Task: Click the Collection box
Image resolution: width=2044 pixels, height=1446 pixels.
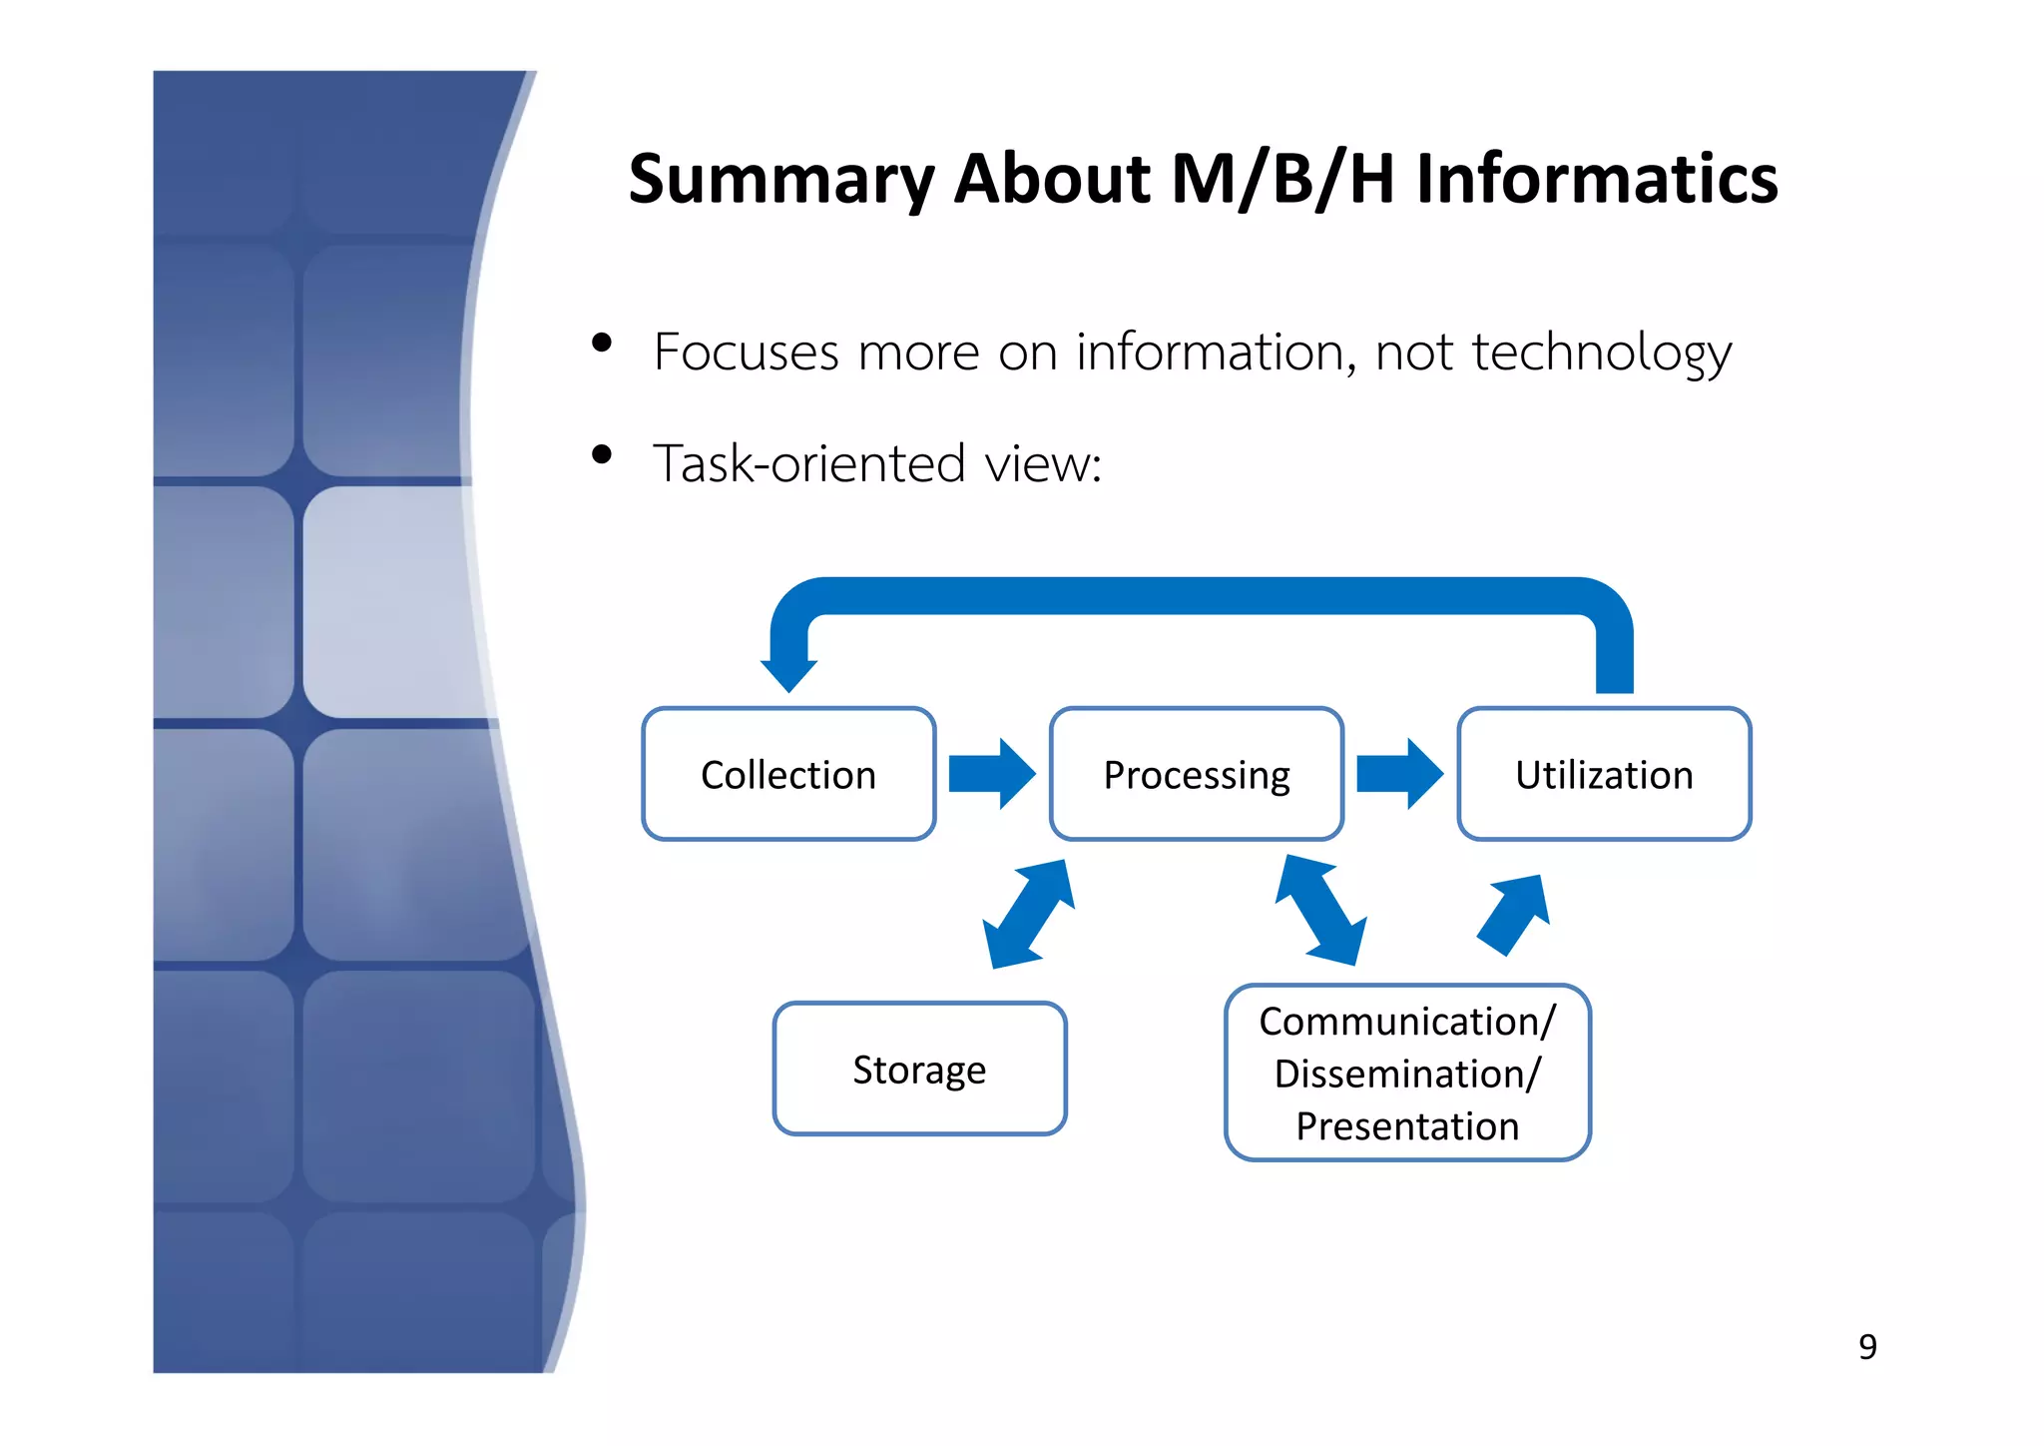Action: [788, 774]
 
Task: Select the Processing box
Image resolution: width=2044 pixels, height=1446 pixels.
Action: [1196, 774]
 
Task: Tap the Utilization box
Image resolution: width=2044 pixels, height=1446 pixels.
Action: [1604, 774]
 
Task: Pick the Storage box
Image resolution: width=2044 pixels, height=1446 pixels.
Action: [919, 1069]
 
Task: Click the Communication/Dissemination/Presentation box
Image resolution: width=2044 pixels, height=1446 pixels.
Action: [1407, 1073]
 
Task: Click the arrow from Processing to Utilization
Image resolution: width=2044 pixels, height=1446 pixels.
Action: [1399, 773]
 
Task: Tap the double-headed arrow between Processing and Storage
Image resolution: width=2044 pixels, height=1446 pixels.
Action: [1028, 914]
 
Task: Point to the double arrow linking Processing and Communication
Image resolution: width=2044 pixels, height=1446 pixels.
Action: [1321, 910]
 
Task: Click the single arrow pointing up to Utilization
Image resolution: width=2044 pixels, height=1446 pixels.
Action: [1514, 914]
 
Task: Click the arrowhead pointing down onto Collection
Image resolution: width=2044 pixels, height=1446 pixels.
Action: [788, 672]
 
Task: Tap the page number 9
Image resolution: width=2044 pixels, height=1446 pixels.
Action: [1867, 1347]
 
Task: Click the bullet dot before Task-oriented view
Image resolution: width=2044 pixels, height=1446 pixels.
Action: [601, 455]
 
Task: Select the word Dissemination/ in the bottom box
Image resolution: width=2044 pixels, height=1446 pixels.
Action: [1407, 1075]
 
